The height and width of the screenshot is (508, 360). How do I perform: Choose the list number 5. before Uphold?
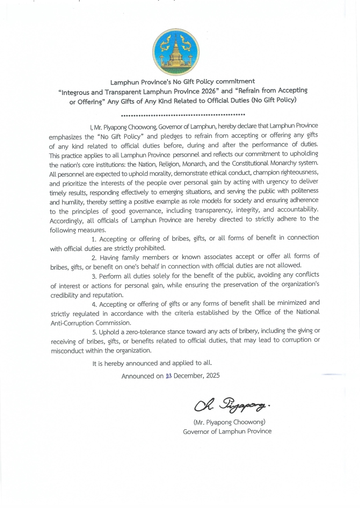94,332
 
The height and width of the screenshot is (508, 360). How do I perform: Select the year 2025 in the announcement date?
212,375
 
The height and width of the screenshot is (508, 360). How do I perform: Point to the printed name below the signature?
227,422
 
